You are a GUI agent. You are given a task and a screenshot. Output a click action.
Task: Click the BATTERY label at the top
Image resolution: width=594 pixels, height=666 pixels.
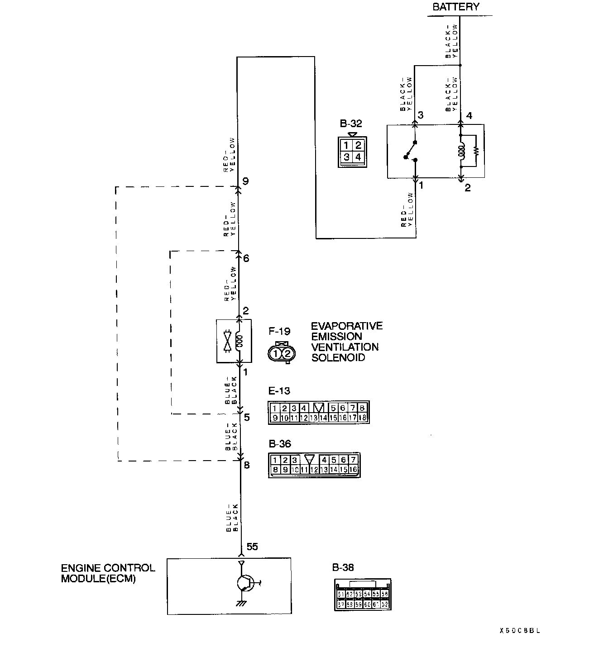pos(455,7)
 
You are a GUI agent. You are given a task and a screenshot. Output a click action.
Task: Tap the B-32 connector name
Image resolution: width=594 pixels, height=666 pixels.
pos(351,124)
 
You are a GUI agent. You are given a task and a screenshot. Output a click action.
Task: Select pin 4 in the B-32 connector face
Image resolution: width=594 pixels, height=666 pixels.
pos(358,157)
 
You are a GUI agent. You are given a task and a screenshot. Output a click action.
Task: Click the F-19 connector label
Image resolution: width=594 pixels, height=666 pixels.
pos(279,331)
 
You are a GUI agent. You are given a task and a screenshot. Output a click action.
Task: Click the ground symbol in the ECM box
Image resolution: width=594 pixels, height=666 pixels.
pos(241,603)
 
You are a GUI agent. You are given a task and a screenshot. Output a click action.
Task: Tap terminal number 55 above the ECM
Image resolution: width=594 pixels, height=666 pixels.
pos(252,547)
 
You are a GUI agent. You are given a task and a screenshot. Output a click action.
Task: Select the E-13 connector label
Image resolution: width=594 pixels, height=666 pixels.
pos(279,390)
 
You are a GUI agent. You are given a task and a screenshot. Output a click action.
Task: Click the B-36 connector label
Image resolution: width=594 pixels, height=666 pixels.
pos(280,444)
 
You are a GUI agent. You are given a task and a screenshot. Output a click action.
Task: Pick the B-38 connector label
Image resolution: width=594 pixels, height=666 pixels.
pos(343,567)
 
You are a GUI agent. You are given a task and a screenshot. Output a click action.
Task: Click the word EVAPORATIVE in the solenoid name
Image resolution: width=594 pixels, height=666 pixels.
pos(346,326)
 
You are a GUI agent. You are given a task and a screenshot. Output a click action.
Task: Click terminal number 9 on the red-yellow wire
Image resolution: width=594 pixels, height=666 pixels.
pos(245,181)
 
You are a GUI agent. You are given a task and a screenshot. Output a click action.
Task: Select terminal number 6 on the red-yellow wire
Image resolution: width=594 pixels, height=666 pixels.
pos(246,258)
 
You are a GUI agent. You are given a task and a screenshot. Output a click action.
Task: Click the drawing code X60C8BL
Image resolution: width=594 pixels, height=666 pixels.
pos(520,630)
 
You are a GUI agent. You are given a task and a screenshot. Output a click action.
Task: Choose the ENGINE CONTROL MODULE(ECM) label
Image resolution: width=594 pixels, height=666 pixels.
pos(108,573)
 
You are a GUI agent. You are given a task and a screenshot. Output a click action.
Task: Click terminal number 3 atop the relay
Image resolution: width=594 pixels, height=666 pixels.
pos(421,115)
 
